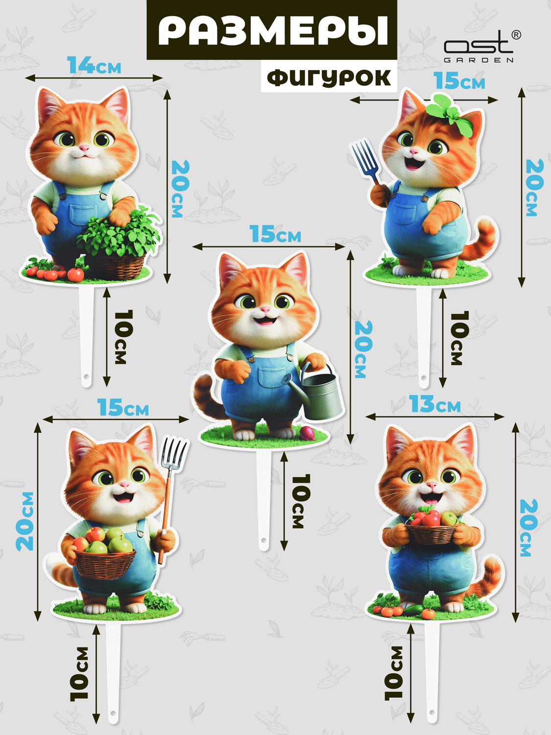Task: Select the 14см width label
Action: [x=94, y=65]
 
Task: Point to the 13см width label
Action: [x=435, y=404]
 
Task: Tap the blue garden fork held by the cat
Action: [x=366, y=161]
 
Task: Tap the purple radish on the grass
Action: [x=308, y=434]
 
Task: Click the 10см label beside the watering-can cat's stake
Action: [x=301, y=501]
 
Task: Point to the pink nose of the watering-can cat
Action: [x=265, y=309]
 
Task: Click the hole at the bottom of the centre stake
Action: [x=264, y=540]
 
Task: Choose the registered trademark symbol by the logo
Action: [x=516, y=35]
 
